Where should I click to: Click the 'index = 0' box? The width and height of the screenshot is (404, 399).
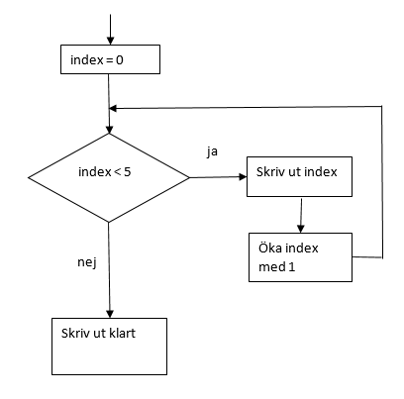110,59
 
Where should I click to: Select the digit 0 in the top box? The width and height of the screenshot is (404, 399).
120,60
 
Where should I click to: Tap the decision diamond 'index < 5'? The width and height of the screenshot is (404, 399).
109,177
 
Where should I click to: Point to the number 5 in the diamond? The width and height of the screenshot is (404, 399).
128,172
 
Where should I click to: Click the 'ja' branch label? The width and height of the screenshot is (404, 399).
212,151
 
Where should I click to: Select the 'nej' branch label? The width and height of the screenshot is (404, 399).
87,262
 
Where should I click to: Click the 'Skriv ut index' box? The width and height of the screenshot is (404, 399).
299,176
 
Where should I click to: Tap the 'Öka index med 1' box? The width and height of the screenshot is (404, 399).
300,257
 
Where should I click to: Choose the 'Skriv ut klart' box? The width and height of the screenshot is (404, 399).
109,347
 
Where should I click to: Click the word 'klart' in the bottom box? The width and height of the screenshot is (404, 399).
122,334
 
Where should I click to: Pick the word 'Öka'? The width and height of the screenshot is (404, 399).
270,248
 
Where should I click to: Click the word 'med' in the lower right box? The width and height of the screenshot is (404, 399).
269,267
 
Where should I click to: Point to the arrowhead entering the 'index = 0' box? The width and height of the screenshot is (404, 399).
111,41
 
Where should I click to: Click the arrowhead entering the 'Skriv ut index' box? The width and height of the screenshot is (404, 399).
243,177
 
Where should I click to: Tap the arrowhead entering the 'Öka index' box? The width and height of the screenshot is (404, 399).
300,229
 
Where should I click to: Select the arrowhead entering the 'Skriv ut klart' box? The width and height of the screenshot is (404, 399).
110,314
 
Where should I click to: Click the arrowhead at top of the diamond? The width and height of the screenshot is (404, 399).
109,129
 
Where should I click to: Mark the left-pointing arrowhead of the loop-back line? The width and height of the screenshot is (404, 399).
113,108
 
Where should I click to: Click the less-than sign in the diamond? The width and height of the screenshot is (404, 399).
117,172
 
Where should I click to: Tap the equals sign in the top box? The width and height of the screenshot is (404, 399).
110,60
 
